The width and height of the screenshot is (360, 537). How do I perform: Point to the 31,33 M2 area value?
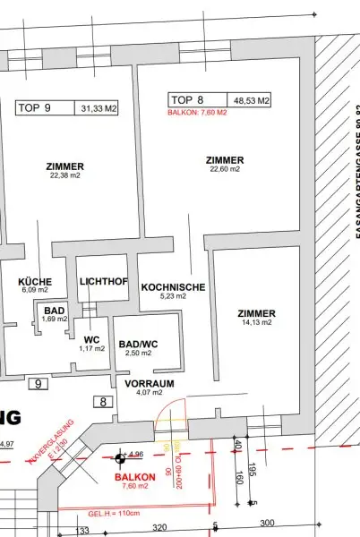point(97,107)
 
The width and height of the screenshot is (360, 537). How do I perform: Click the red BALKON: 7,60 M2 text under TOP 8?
point(198,113)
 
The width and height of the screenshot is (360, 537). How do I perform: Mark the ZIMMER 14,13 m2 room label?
point(257,317)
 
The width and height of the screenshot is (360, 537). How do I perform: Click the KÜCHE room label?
point(35,285)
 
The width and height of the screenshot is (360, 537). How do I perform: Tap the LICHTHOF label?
point(104,282)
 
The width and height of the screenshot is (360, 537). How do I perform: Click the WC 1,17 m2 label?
point(91,343)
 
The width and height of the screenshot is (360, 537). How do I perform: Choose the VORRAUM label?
point(149,387)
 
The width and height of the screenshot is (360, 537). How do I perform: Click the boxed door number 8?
point(103,402)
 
